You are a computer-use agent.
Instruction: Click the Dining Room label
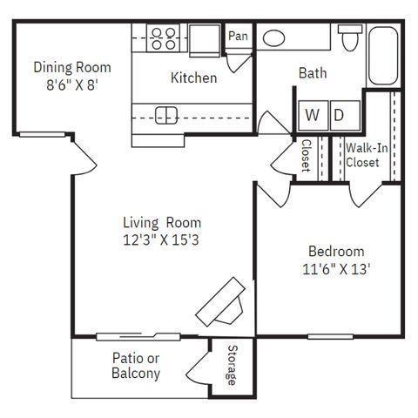(x=72, y=67)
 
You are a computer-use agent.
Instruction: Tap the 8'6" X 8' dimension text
(x=72, y=85)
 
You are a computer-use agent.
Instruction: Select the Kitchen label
(x=193, y=78)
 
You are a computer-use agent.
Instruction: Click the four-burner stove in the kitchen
(x=163, y=38)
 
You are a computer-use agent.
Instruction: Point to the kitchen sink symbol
(x=166, y=115)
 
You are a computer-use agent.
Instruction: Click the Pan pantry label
(x=238, y=36)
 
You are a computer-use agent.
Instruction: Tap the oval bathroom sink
(x=273, y=38)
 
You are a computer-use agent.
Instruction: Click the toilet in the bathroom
(x=350, y=37)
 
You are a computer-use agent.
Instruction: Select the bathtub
(x=383, y=56)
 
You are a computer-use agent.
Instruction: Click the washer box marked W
(x=313, y=115)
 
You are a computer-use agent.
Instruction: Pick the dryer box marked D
(x=345, y=115)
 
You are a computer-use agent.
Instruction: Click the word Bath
(x=313, y=73)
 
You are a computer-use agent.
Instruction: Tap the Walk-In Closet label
(x=367, y=155)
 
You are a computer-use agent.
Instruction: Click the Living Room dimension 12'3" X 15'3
(x=161, y=240)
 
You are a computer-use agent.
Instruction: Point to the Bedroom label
(x=336, y=252)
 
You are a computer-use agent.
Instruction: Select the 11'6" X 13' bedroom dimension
(x=336, y=269)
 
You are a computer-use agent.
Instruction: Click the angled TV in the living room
(x=220, y=302)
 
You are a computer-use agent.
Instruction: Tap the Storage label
(x=233, y=365)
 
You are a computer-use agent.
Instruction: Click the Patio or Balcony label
(x=136, y=366)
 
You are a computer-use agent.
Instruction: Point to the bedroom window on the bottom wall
(x=330, y=337)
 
